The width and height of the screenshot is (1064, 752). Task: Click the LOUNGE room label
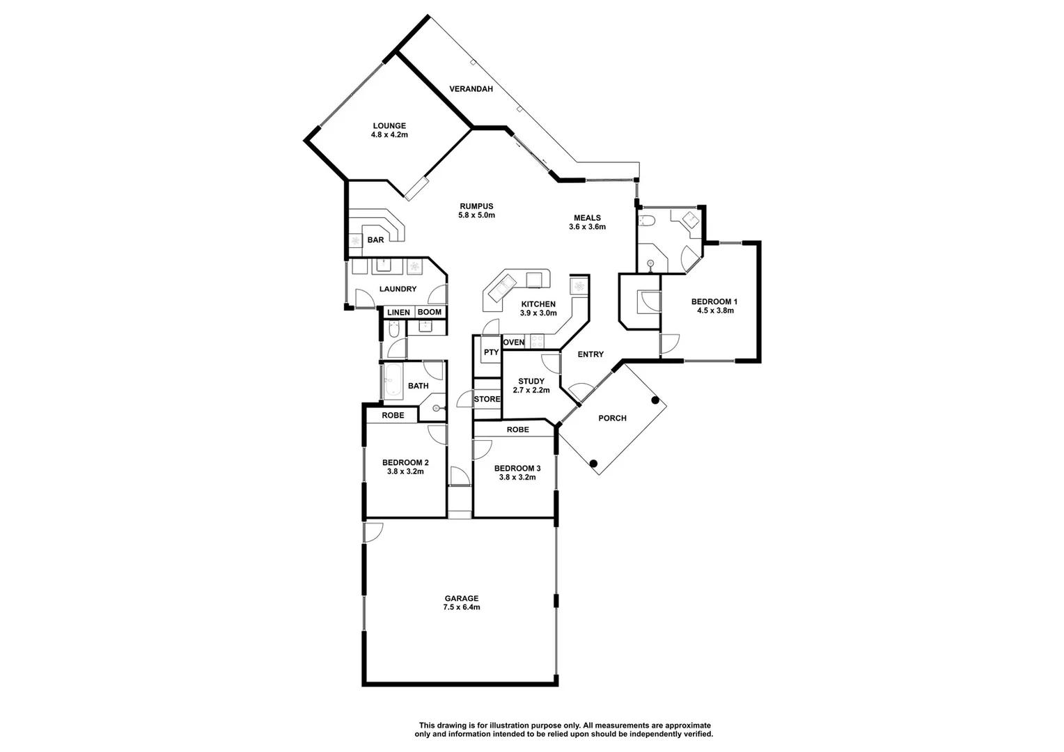389,126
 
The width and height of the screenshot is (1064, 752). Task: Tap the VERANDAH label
471,89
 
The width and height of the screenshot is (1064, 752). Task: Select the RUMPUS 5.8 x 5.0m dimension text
476,216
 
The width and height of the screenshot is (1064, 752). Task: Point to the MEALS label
587,217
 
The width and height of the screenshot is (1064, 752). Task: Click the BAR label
375,240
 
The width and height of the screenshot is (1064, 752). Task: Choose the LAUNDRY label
398,289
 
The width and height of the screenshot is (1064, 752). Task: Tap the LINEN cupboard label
398,313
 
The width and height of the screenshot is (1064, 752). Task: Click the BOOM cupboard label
429,313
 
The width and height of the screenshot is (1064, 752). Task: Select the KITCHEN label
538,304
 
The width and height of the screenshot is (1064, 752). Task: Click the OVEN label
514,343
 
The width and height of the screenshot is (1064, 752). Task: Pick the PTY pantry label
491,352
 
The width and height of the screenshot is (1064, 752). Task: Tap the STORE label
487,400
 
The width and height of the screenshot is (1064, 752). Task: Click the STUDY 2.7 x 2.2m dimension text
531,391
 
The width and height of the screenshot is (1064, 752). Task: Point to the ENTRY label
590,354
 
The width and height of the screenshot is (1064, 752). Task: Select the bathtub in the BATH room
393,382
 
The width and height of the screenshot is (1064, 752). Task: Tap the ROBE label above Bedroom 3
517,430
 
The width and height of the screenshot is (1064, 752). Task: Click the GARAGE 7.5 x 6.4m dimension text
462,607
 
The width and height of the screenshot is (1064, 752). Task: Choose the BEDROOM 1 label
714,301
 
